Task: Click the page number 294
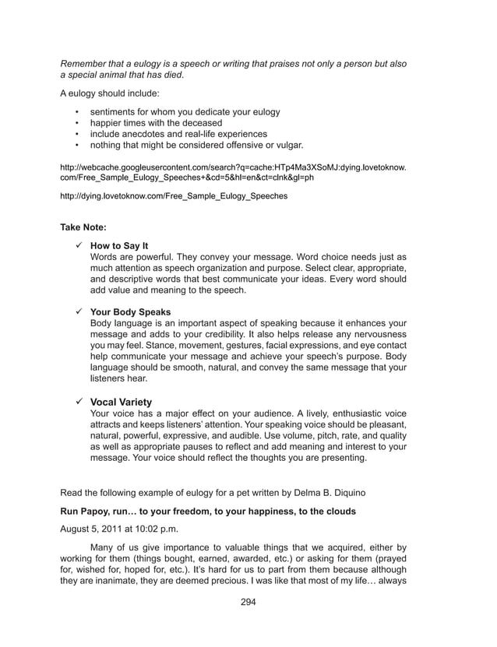[x=248, y=602]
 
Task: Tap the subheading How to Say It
[x=119, y=245]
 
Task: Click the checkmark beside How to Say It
[x=79, y=245]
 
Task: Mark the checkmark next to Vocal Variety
[x=79, y=402]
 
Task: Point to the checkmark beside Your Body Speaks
[x=79, y=311]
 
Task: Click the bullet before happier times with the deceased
[x=77, y=123]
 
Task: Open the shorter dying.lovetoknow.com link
[x=174, y=196]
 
